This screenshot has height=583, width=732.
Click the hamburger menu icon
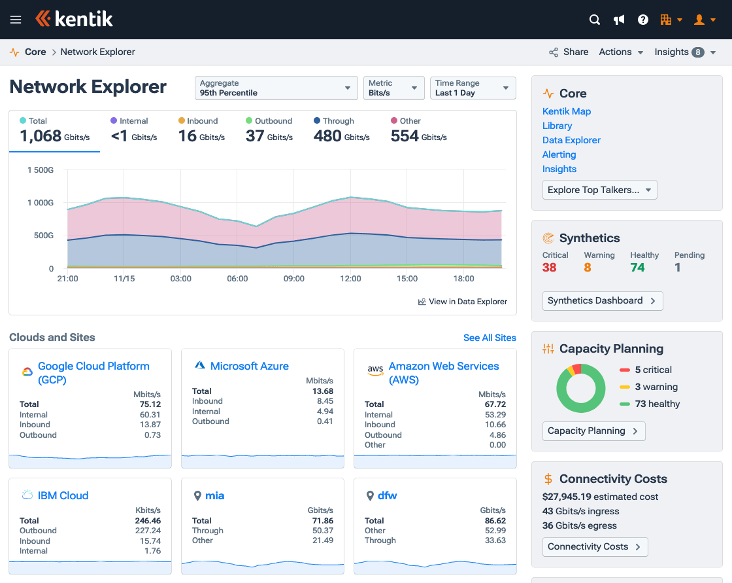click(16, 20)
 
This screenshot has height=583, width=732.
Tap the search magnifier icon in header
click(595, 20)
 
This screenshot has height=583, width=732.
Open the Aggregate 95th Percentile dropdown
click(276, 88)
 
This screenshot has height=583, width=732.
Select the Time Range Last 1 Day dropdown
click(473, 88)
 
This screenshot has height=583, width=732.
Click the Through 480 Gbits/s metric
click(341, 130)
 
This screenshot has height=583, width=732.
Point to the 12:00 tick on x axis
click(350, 279)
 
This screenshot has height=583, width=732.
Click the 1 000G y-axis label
click(41, 203)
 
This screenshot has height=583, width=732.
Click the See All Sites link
click(490, 338)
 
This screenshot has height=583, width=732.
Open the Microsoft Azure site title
click(249, 366)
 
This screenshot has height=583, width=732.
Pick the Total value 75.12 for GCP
click(149, 404)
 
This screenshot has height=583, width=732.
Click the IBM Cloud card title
click(63, 495)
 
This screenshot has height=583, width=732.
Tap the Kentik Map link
click(567, 111)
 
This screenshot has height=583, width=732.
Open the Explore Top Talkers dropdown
click(599, 190)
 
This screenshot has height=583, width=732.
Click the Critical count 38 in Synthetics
click(550, 267)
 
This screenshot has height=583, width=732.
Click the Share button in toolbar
click(569, 52)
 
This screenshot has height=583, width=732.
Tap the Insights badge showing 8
click(698, 52)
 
